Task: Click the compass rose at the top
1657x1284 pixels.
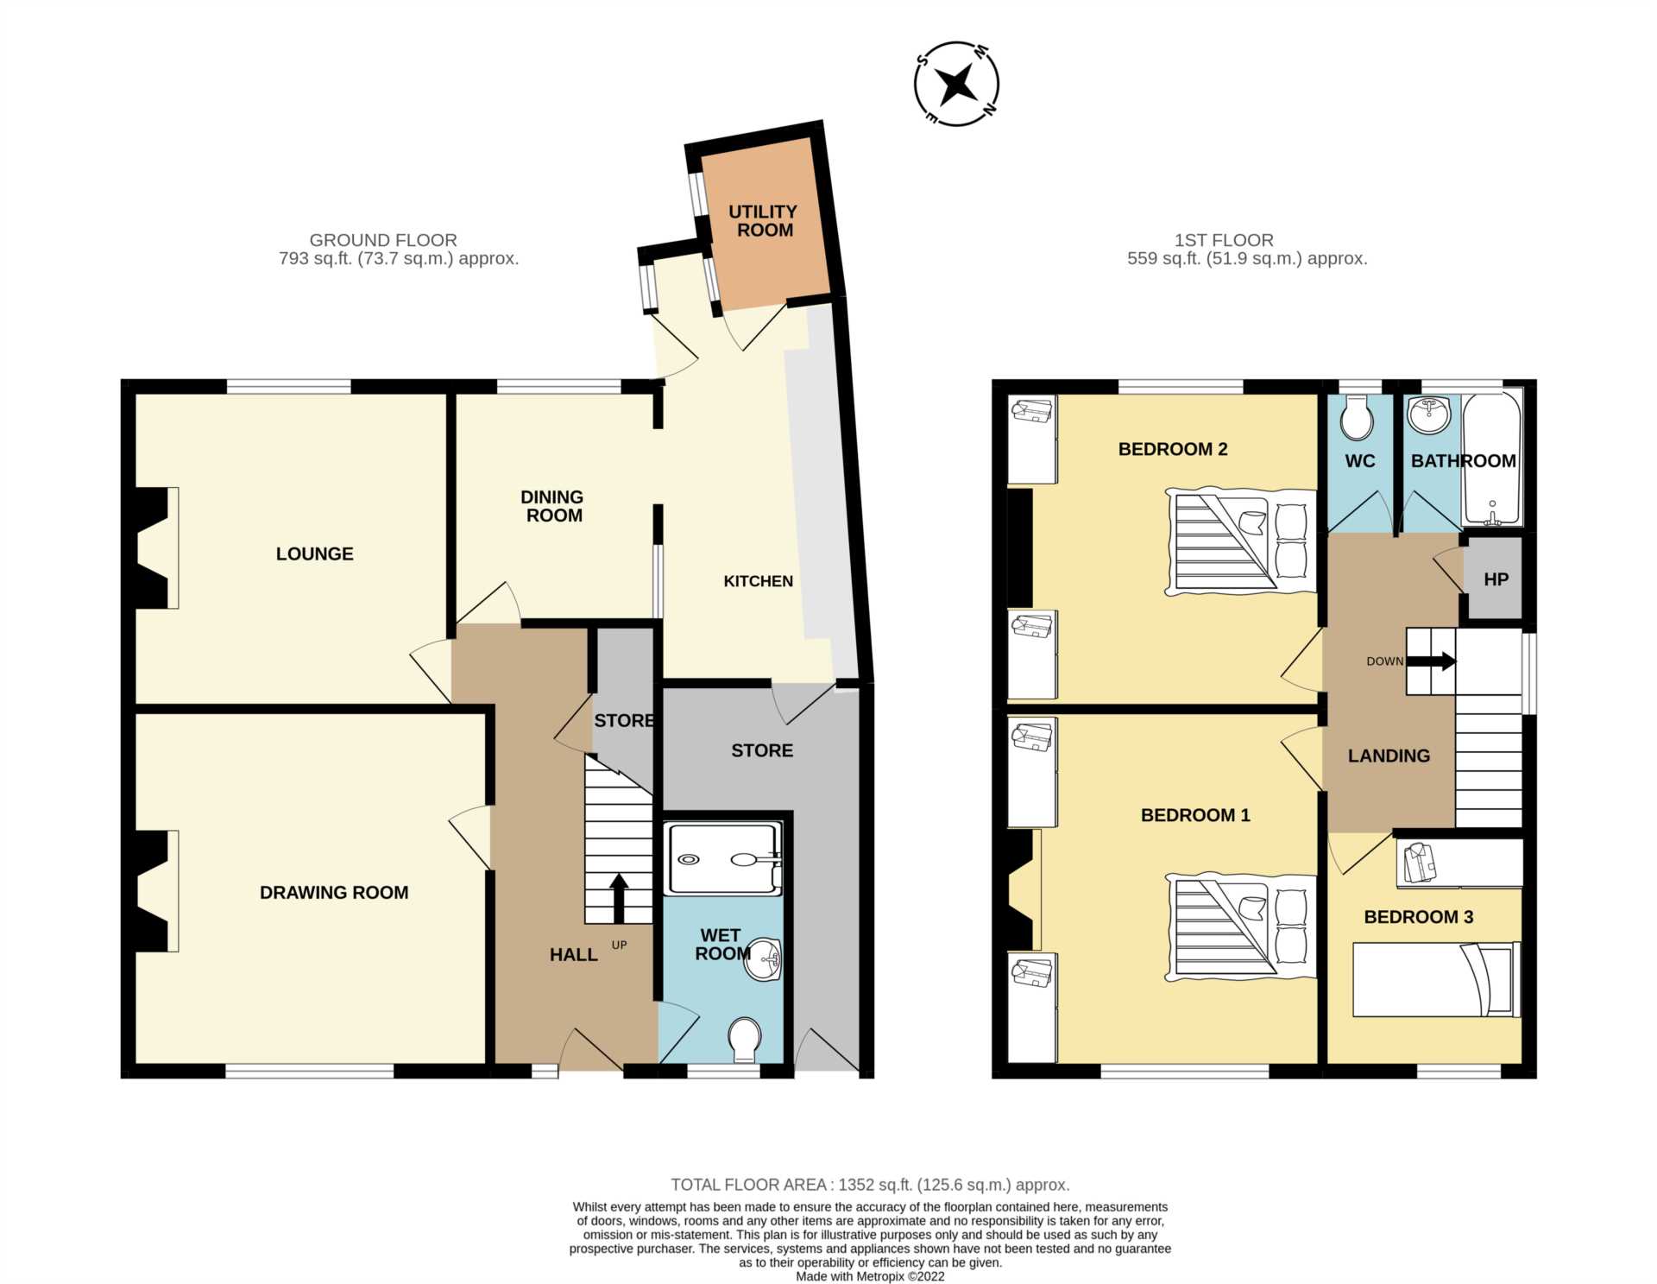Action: [956, 84]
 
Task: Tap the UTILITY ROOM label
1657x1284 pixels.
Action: [764, 221]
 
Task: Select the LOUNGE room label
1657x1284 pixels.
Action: [314, 554]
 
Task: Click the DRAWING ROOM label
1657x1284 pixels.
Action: [334, 893]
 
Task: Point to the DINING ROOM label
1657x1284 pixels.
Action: [553, 506]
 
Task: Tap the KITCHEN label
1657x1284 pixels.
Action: [758, 581]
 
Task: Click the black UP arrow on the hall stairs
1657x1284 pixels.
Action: [619, 899]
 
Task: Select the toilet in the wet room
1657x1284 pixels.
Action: [744, 1040]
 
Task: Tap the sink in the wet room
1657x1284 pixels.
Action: [764, 959]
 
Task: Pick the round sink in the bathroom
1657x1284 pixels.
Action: [1429, 415]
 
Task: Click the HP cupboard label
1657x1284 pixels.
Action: [1496, 579]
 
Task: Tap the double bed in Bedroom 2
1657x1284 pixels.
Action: [1240, 541]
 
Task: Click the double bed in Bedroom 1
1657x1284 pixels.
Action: [1240, 927]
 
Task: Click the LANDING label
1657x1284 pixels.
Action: [1389, 756]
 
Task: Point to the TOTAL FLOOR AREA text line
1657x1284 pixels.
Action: [870, 1185]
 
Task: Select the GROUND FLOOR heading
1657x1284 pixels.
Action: [383, 240]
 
